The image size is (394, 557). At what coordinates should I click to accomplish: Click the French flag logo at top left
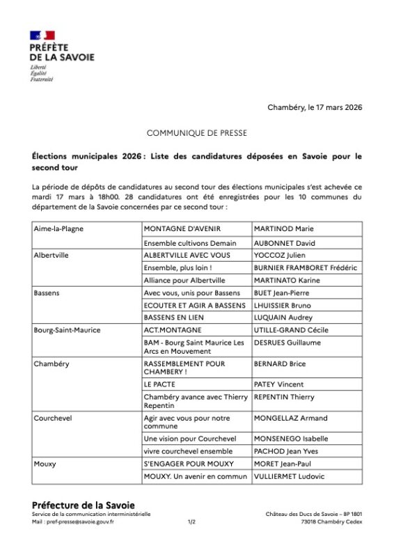[x=42, y=35]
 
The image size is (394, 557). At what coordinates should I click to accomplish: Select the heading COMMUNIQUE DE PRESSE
[x=196, y=132]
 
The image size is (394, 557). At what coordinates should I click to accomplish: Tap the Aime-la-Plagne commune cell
[x=58, y=228]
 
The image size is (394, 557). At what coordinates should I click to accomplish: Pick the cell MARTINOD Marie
[x=283, y=228]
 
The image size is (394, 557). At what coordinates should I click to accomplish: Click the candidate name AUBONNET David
[x=285, y=244]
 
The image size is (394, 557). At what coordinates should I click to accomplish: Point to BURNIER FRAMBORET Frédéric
[x=305, y=268]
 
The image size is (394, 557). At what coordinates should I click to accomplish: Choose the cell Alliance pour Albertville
[x=184, y=281]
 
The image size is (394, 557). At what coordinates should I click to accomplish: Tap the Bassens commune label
[x=47, y=293]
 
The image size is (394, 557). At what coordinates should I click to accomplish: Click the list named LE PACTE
[x=159, y=384]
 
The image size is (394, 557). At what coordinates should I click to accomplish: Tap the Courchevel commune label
[x=53, y=418]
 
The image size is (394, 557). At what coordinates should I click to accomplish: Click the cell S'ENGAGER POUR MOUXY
[x=187, y=464]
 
